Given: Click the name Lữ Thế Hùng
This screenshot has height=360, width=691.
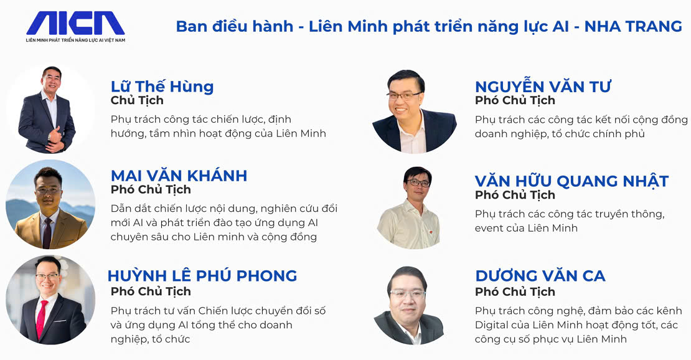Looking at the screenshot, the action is (162, 86).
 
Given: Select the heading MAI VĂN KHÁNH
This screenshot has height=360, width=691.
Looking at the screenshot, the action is (179, 175).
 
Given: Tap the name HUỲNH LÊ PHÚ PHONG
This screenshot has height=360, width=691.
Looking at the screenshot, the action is (202, 275).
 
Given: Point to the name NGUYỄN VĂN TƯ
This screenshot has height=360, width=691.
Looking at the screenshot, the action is (543, 86).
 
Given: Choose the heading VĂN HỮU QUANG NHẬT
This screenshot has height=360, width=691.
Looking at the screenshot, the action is (571, 181).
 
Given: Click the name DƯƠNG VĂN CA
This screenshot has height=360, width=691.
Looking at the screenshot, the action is (540, 276).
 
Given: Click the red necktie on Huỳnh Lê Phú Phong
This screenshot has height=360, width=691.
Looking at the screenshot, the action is (42, 318).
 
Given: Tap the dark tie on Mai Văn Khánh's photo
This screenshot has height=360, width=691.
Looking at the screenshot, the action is (47, 233).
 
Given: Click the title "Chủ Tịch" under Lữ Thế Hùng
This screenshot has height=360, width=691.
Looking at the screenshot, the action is (137, 101).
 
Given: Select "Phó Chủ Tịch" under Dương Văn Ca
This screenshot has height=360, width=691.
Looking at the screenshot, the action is (515, 291).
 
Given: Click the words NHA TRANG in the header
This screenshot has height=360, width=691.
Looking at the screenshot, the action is (633, 26).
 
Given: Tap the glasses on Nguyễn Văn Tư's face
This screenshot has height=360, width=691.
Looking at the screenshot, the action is (403, 95).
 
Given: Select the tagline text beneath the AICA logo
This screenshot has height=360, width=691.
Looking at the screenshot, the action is (75, 40).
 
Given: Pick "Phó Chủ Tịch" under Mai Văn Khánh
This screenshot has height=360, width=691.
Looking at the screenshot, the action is (151, 189).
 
